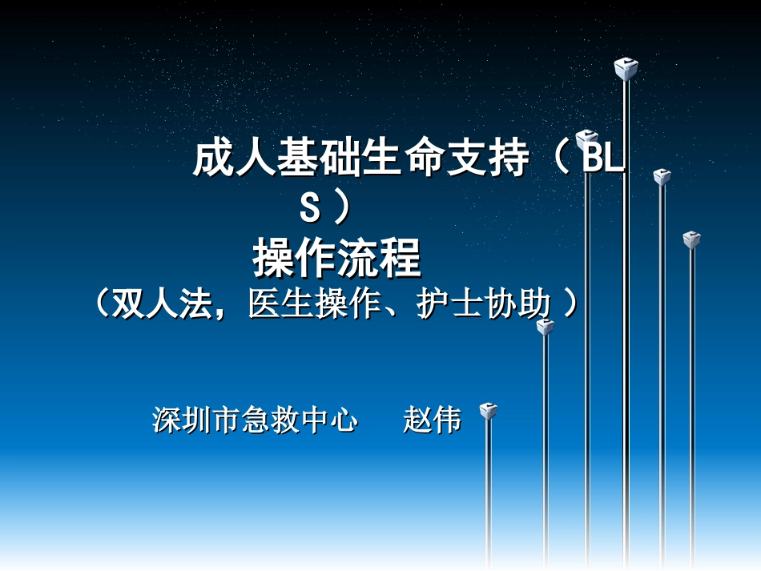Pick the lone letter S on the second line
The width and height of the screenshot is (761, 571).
click(310, 209)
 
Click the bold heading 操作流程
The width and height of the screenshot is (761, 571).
click(336, 258)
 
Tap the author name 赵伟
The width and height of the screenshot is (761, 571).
click(433, 420)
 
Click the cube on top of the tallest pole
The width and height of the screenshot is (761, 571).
click(626, 69)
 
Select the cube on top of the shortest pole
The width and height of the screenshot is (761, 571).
click(488, 412)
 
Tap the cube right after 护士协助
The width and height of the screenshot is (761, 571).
click(546, 327)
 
